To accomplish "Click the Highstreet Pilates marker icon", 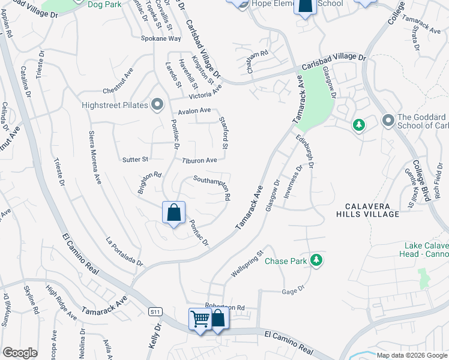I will [x=157, y=105].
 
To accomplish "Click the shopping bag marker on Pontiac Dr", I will [x=173, y=212].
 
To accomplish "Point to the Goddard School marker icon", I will [x=387, y=121].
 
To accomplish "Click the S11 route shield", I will [x=156, y=311].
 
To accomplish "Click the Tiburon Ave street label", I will [x=200, y=160].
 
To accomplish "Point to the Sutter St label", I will [x=135, y=160].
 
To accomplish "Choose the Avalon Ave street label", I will [x=194, y=110].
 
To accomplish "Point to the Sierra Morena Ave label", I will [x=95, y=157].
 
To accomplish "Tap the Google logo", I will [x=20, y=352].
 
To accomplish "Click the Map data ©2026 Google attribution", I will [x=412, y=355].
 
